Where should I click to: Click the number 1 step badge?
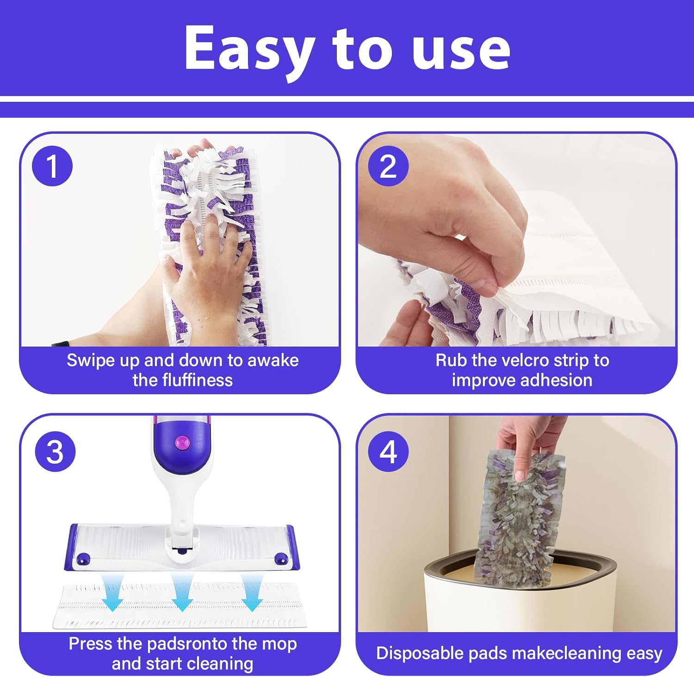[x=52, y=166]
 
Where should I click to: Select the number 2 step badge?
[x=388, y=166]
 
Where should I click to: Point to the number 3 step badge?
[x=55, y=452]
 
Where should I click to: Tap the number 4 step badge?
[x=388, y=452]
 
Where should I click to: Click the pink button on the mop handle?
[x=182, y=442]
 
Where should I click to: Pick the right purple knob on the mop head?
[x=280, y=559]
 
